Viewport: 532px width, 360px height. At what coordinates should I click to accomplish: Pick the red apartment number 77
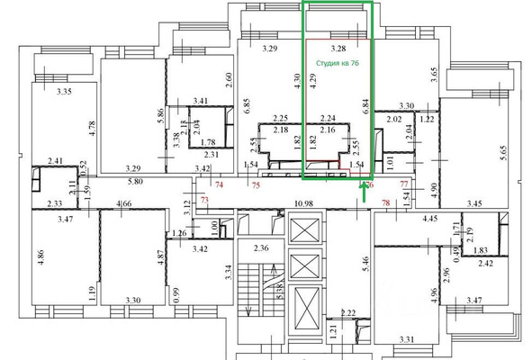404,182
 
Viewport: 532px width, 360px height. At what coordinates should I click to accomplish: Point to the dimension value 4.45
427,218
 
